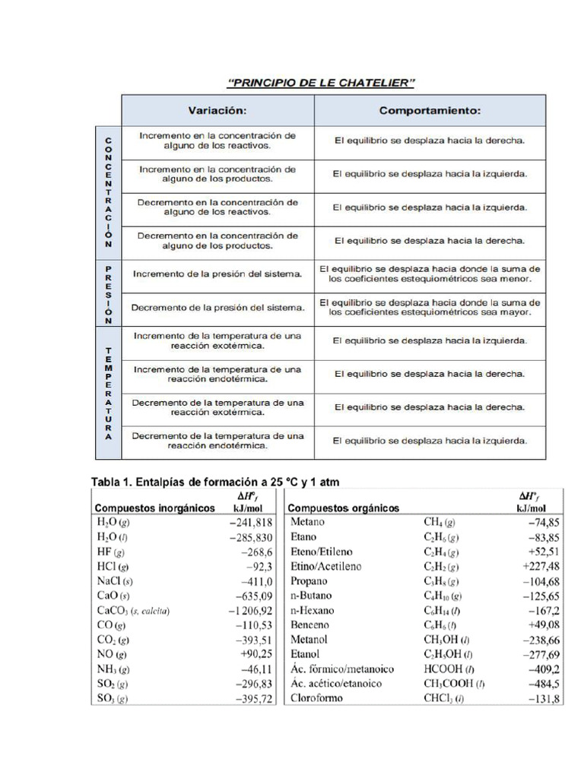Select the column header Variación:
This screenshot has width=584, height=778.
click(217, 110)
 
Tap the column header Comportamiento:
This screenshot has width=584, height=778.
click(430, 110)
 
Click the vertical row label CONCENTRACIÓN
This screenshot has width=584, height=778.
click(107, 193)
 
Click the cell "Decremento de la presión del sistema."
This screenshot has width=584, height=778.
click(217, 308)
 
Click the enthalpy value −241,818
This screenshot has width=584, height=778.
click(246, 523)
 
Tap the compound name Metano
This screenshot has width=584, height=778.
click(308, 523)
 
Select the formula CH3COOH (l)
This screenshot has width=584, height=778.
click(454, 684)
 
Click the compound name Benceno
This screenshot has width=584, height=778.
click(311, 625)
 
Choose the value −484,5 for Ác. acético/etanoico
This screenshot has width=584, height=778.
click(543, 684)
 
